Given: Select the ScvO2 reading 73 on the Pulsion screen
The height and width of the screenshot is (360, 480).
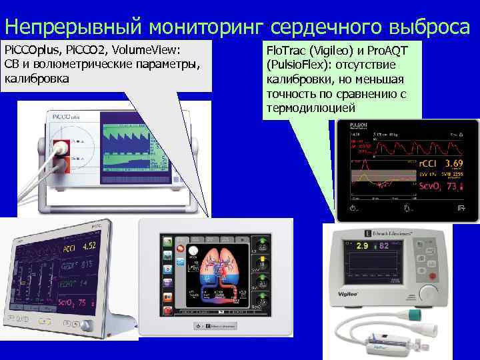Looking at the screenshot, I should [x=454, y=188].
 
